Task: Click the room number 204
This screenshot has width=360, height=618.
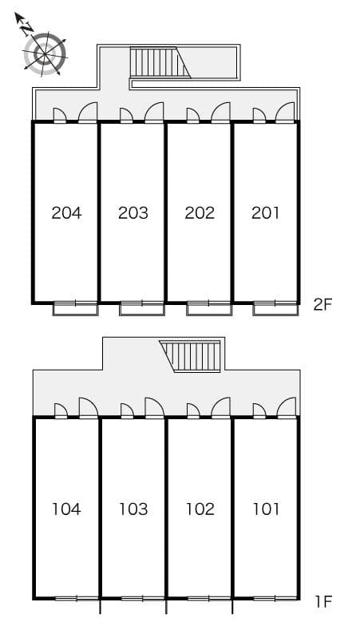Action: [x=66, y=213]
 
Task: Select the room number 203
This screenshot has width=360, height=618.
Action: [x=133, y=213]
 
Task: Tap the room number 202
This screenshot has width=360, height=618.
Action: [x=200, y=213]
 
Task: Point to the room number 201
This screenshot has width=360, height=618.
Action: [x=266, y=213]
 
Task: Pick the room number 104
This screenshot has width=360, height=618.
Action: [x=66, y=509]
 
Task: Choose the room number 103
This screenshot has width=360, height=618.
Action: [x=133, y=509]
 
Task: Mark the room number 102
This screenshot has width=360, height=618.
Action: [x=200, y=509]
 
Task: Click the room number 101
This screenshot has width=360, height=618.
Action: [x=267, y=509]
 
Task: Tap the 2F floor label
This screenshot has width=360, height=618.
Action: [x=323, y=305]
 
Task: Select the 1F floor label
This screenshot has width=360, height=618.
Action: [x=324, y=601]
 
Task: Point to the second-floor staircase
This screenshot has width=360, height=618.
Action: [x=160, y=62]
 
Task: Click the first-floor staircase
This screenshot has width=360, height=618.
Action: [x=190, y=356]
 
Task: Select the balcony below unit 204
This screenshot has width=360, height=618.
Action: [x=75, y=309]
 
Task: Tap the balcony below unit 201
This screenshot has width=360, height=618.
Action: [x=275, y=309]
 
